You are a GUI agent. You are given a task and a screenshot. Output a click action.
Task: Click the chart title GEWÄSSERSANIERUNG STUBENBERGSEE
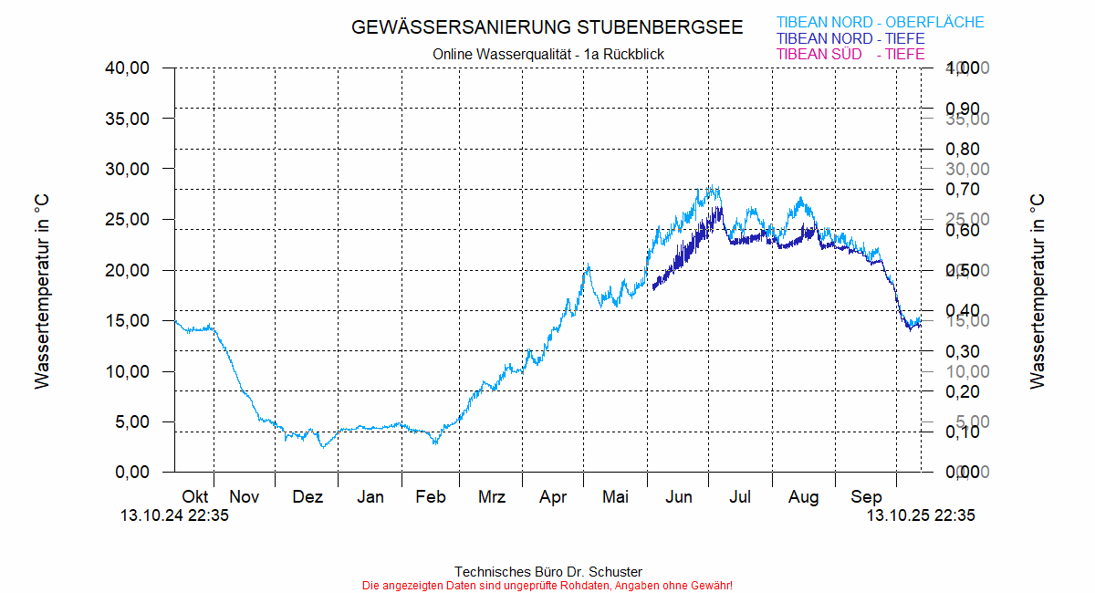[x=547, y=27]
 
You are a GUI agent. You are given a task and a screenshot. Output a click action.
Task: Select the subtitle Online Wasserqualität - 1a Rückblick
[x=548, y=55]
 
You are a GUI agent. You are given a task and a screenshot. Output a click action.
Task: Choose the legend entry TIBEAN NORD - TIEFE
[x=850, y=39]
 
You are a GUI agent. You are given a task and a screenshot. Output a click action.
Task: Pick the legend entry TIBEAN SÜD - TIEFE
[x=850, y=55]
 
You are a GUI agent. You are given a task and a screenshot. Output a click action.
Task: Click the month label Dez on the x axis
[x=308, y=497]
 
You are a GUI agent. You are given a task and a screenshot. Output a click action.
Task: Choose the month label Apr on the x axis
[x=553, y=497]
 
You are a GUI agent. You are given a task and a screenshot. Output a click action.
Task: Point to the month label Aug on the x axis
[x=804, y=497]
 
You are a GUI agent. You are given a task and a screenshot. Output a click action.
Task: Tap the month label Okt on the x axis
[x=195, y=497]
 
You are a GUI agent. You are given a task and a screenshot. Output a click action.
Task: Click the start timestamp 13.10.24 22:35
[x=174, y=515]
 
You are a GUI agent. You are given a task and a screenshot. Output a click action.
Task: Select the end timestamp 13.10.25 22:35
[x=920, y=515]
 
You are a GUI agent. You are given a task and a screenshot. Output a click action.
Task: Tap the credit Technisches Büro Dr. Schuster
[x=547, y=572]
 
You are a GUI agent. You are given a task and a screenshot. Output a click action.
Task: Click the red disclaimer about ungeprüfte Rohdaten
[x=547, y=585]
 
